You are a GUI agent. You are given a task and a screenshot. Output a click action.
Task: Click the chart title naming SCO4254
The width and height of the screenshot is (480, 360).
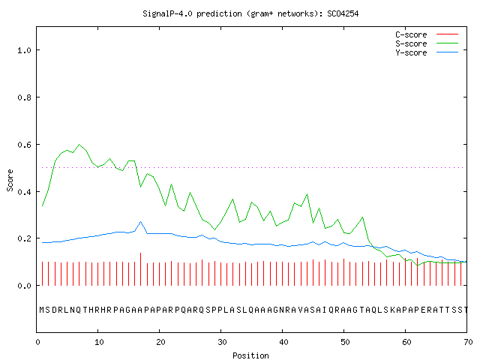250,13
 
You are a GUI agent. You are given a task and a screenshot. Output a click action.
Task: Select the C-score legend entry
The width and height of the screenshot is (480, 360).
427,34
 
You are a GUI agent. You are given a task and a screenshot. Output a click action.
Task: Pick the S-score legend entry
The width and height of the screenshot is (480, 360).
427,43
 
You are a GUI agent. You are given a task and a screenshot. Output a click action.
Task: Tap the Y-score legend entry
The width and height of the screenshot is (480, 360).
427,52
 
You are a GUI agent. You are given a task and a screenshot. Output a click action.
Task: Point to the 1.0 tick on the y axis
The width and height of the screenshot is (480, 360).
24,50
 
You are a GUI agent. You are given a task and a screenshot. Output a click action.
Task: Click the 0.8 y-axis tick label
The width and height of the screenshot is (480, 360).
24,97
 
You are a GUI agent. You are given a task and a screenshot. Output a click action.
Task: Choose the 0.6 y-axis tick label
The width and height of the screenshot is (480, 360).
24,145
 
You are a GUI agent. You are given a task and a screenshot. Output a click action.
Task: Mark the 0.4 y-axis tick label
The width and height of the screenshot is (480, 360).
24,192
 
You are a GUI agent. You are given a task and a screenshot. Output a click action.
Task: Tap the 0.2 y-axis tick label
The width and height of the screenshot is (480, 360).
24,238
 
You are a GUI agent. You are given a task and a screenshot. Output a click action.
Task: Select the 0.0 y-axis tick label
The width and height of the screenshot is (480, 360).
24,286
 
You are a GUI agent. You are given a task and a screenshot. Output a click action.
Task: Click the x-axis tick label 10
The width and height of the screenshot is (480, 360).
99,342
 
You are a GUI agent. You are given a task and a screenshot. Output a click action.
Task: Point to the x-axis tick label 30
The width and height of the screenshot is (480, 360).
222,342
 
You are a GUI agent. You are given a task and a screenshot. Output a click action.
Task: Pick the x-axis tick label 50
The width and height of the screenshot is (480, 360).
345,342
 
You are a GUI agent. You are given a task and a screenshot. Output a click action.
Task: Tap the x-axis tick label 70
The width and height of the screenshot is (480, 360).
468,342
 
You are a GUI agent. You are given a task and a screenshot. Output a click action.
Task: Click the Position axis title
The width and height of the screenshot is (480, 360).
250,355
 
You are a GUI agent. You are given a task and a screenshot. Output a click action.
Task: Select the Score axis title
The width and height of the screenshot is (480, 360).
10,180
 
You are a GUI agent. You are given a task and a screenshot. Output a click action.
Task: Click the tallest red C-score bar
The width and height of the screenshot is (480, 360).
140,269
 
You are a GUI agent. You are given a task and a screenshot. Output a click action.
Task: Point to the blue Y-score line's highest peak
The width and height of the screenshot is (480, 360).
140,221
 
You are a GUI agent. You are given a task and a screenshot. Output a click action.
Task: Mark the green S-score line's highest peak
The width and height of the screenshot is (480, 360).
79,144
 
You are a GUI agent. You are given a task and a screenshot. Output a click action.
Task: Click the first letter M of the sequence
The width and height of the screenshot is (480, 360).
42,310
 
